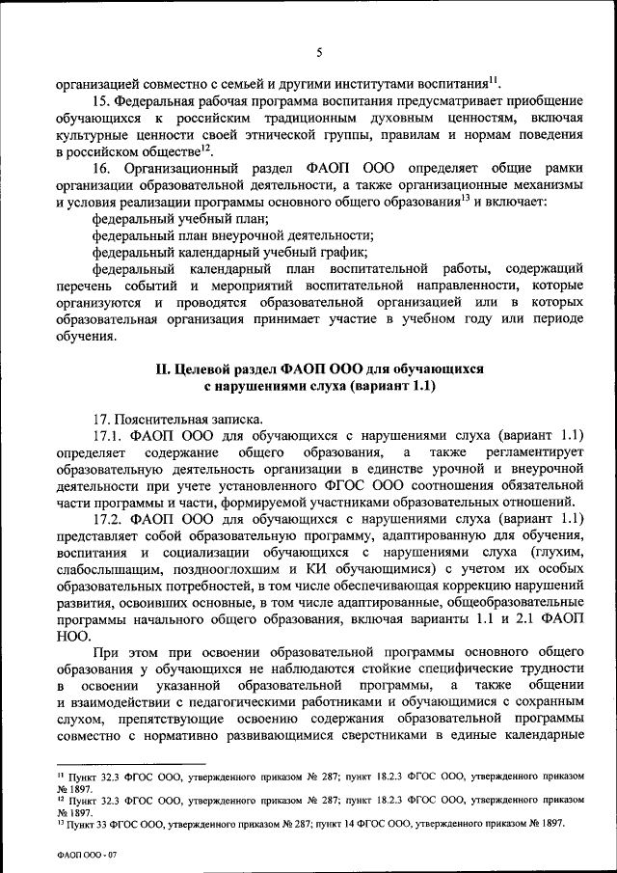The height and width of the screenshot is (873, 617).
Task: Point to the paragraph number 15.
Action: tap(100, 101)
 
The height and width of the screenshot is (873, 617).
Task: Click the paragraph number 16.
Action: tap(100, 168)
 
